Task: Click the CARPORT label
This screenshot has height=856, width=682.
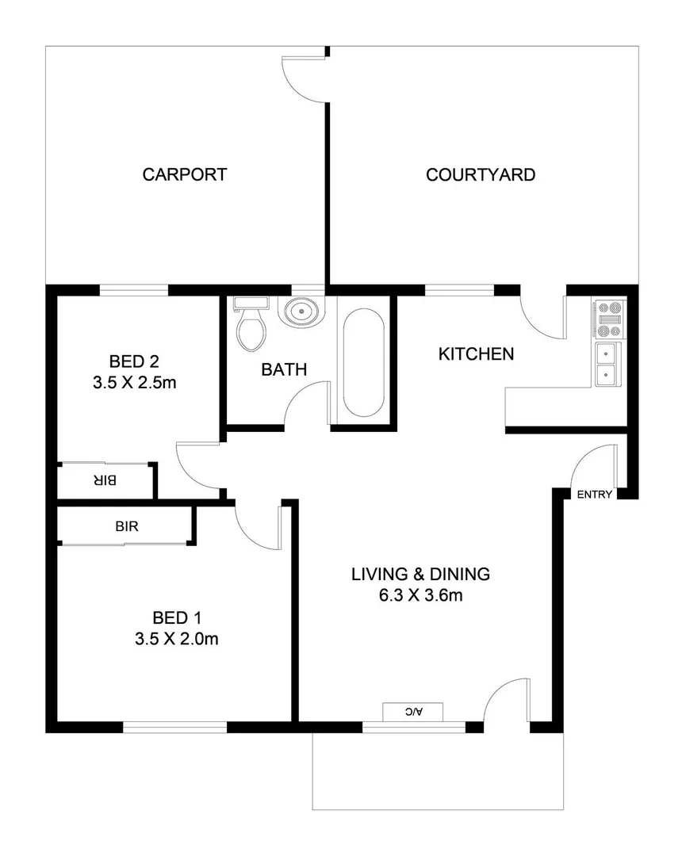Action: pos(184,174)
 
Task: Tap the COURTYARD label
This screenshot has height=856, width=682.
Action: pos(481,174)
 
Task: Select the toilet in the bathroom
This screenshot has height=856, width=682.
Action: pos(251,326)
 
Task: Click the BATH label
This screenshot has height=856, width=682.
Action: pos(284,369)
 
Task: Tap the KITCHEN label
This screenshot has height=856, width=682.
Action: pos(476,354)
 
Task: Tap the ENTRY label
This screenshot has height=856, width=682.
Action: pos(594,495)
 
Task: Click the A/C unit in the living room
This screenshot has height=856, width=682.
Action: pos(412,712)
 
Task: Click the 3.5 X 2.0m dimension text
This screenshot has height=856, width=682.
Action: pos(176,639)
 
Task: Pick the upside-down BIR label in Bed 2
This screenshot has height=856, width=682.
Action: pos(105,480)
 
